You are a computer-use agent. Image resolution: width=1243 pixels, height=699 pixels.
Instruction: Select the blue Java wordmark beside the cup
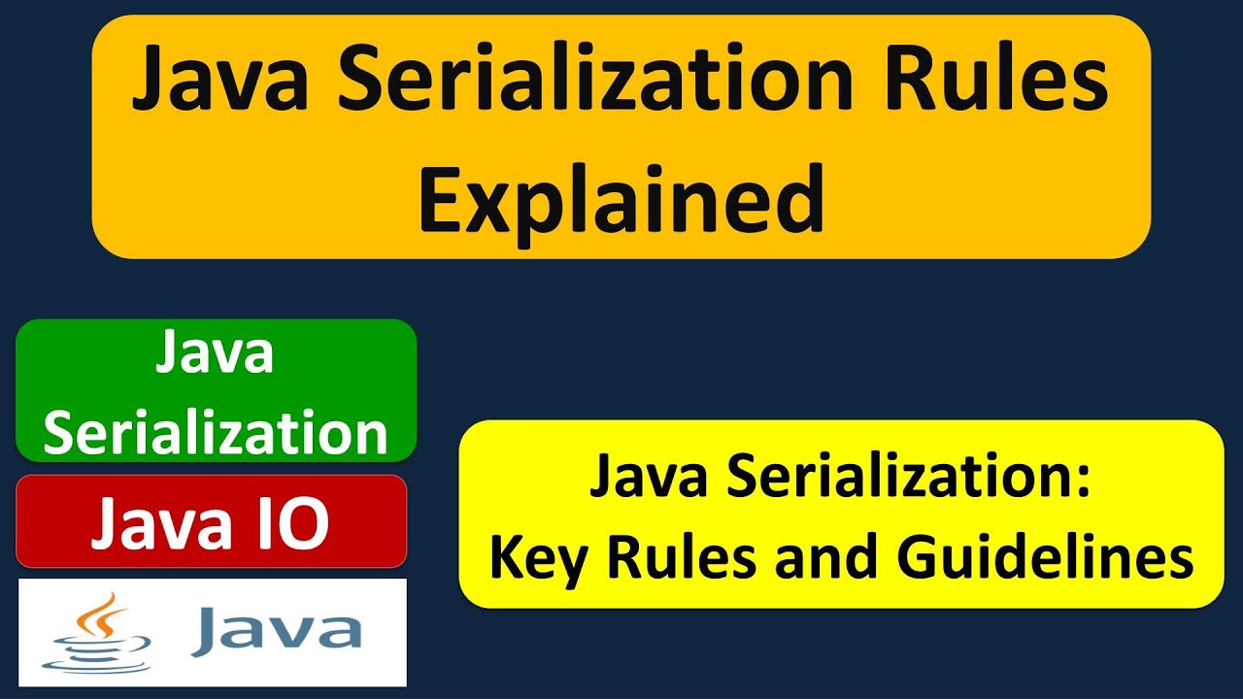(276, 632)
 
